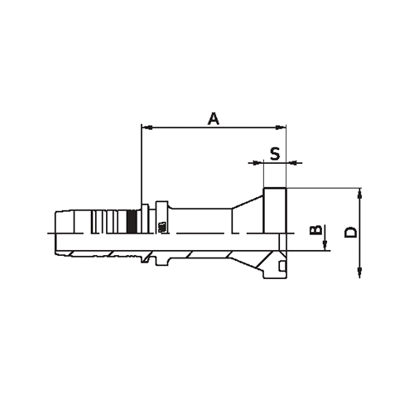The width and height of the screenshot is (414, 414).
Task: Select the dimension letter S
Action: tap(274, 152)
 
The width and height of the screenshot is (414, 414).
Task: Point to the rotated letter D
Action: tap(351, 233)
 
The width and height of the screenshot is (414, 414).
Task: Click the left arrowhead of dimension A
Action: tap(146, 128)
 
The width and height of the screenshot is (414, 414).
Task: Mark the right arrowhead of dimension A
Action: tap(282, 128)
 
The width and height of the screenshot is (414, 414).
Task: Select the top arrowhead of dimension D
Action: tap(360, 193)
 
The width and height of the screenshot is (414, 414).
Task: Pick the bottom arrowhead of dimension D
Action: tap(360, 274)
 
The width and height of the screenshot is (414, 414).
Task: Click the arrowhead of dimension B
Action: tap(325, 246)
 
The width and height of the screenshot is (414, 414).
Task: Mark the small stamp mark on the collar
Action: tap(161, 224)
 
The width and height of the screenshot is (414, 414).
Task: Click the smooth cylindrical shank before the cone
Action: tap(199, 222)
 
